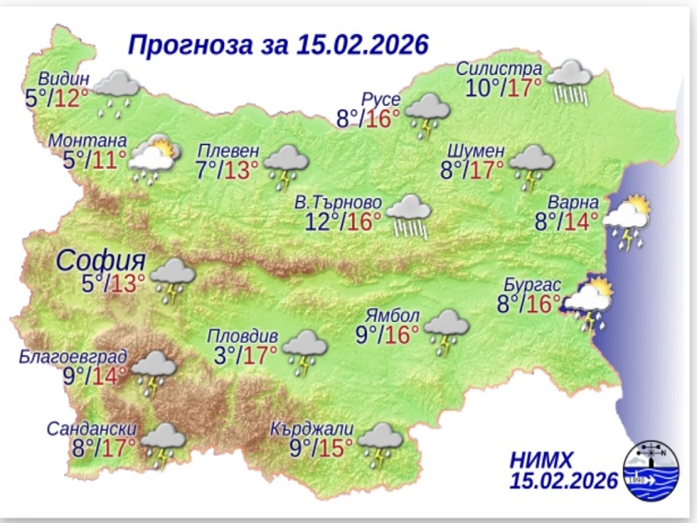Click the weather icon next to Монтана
[153, 160]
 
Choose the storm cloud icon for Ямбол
[448, 330]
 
